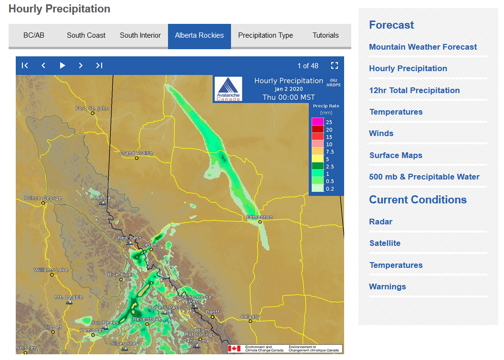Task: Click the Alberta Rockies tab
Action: coord(199,35)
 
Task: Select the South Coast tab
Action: coord(86,35)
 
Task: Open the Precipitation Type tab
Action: coord(265,35)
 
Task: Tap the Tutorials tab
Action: coord(325,35)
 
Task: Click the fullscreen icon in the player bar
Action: coord(335,65)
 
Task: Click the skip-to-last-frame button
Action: coord(99,65)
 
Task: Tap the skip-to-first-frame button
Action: coord(25,65)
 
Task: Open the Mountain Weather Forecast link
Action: coord(422,47)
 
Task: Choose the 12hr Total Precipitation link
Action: coord(414,90)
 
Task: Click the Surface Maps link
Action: coord(395,155)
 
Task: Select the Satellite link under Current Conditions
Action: coord(385,243)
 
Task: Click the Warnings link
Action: coord(387,286)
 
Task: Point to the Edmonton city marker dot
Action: coord(260,222)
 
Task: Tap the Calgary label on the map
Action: coord(250,317)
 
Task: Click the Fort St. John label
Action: coord(92,108)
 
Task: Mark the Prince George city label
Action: coord(43,198)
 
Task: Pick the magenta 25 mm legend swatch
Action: coord(317,122)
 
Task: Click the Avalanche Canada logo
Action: coord(229,89)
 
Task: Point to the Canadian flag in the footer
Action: coord(234,349)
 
